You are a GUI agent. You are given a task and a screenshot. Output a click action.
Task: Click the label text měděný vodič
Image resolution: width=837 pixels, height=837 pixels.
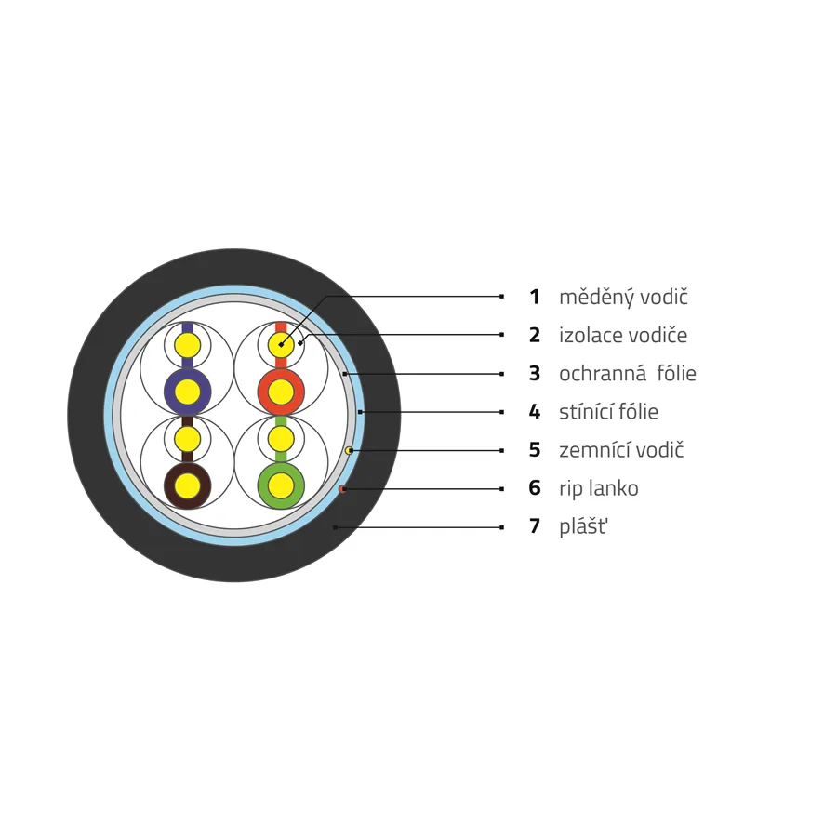tap(623, 298)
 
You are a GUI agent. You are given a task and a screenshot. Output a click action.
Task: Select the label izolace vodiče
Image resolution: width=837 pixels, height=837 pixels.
tap(623, 335)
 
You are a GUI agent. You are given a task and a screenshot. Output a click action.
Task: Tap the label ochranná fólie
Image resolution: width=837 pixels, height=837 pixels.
tap(627, 374)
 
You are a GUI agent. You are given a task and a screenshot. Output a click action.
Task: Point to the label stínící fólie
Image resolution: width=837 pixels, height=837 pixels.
tap(608, 412)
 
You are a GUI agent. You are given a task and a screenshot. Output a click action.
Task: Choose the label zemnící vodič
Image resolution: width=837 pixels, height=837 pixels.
tap(621, 450)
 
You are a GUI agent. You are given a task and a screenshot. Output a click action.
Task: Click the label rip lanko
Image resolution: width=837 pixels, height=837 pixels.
tap(598, 489)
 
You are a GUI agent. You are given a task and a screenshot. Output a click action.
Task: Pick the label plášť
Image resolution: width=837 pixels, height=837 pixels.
tap(583, 527)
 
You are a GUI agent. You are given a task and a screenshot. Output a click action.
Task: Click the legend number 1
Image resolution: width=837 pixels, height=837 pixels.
tap(535, 297)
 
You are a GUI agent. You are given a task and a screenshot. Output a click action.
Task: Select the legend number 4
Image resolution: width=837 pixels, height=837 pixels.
tap(535, 412)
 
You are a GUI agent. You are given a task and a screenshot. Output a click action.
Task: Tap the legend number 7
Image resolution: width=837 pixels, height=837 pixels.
tap(535, 526)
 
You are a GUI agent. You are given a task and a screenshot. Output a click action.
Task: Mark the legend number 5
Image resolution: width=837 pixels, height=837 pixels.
tap(535, 450)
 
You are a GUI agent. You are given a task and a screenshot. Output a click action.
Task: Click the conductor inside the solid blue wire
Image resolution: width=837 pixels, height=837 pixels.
tap(187, 392)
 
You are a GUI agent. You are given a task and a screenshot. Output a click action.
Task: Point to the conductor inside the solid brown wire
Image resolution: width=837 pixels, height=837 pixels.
tap(187, 486)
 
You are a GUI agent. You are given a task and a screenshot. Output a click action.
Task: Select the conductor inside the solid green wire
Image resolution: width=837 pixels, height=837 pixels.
tap(281, 486)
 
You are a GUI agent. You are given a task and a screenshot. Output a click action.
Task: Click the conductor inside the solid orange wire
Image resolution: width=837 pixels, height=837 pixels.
tap(281, 392)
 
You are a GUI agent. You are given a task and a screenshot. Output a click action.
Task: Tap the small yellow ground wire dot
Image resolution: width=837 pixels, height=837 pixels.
tap(349, 450)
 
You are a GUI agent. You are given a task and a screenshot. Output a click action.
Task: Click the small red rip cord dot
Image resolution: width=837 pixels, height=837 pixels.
tap(342, 489)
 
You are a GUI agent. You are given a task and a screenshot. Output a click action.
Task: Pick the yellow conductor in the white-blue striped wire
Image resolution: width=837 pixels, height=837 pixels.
tap(187, 345)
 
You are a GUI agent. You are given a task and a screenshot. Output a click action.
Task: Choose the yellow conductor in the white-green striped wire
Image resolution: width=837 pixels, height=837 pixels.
tap(281, 439)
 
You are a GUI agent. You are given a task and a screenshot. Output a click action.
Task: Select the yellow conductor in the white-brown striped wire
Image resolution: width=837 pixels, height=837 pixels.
tap(187, 439)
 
